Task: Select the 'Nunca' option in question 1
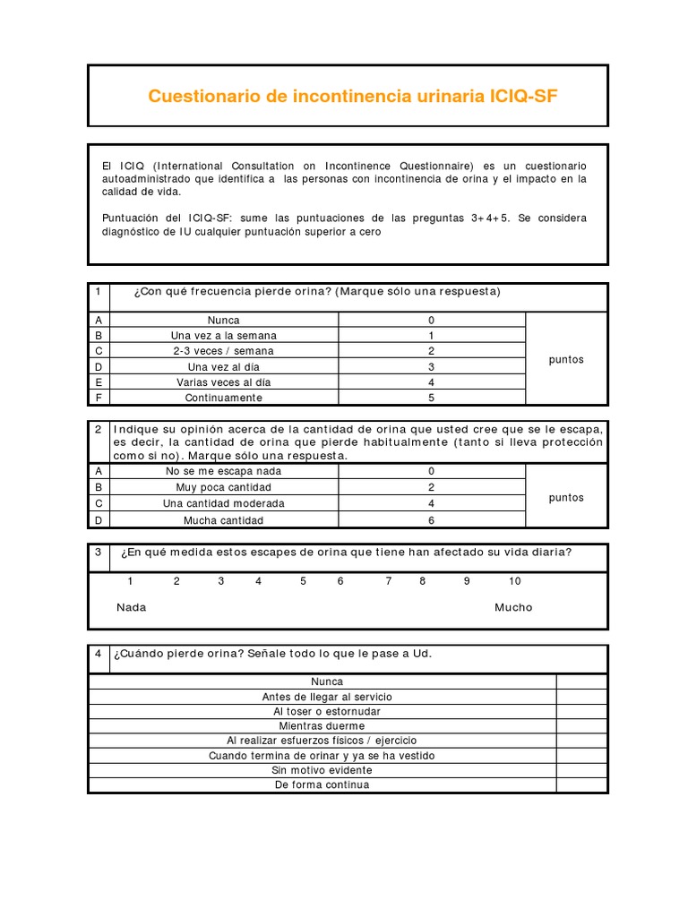point(223,320)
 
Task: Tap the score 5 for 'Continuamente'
point(431,398)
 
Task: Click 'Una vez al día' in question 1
point(223,367)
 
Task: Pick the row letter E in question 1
point(98,382)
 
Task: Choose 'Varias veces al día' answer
point(223,382)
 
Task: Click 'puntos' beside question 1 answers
point(566,359)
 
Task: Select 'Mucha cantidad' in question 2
point(223,519)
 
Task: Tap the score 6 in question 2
point(431,519)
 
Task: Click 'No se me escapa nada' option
point(223,471)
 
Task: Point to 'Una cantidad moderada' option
point(223,503)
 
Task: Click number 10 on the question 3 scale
point(514,581)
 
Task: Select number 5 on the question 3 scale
point(304,581)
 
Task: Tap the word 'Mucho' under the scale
point(513,607)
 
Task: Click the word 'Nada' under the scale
point(132,607)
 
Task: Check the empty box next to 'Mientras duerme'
point(581,726)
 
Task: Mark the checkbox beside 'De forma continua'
point(581,785)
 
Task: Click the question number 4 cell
point(98,654)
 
